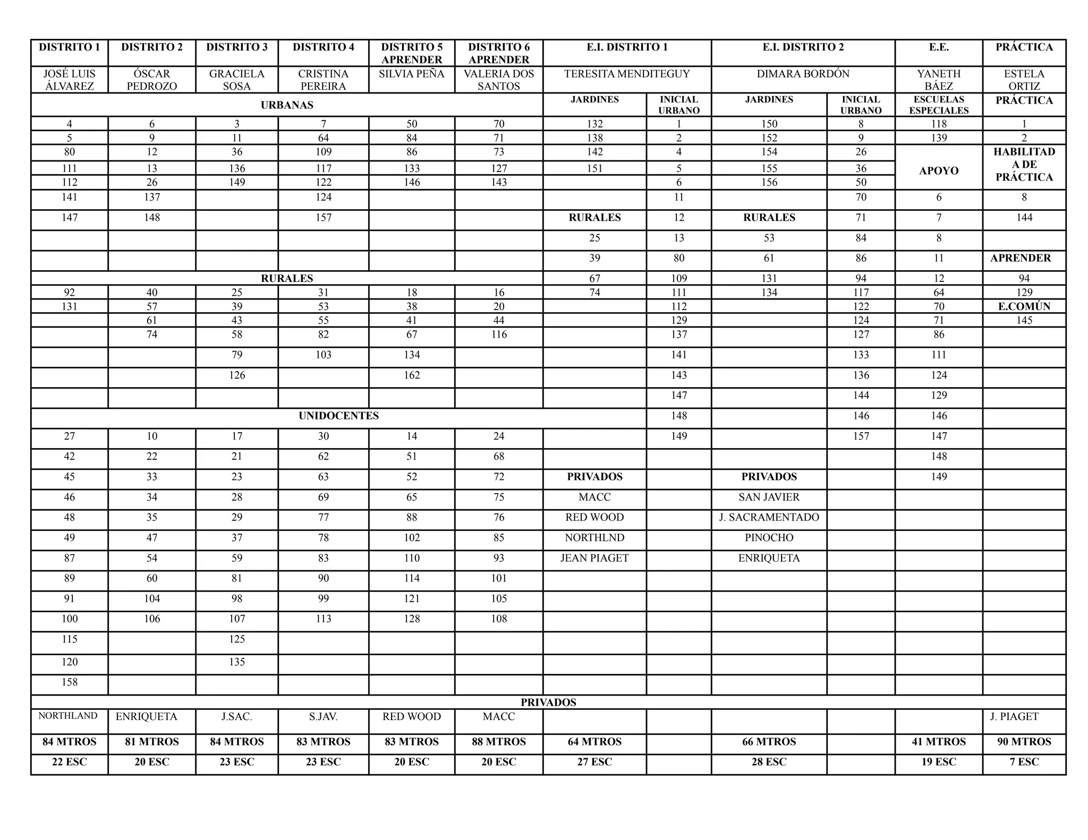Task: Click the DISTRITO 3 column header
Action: pyautogui.click(x=236, y=47)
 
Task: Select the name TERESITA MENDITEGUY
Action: pyautogui.click(x=627, y=74)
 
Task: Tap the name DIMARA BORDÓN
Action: pyautogui.click(x=803, y=74)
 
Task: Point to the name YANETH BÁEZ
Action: pyautogui.click(x=939, y=80)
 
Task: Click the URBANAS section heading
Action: pyautogui.click(x=287, y=105)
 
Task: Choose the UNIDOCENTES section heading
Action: pyautogui.click(x=338, y=416)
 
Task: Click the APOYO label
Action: pyautogui.click(x=939, y=171)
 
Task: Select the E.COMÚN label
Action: pyautogui.click(x=1024, y=306)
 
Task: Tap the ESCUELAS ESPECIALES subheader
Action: pyautogui.click(x=939, y=105)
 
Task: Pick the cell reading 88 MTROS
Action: pyautogui.click(x=498, y=742)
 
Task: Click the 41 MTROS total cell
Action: pyautogui.click(x=939, y=742)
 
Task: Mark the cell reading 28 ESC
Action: pyautogui.click(x=769, y=762)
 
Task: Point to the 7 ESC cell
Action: pyautogui.click(x=1024, y=762)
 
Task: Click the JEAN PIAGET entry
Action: pyautogui.click(x=594, y=558)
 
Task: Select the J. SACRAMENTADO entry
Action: pyautogui.click(x=769, y=517)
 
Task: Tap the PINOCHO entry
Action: pyautogui.click(x=769, y=537)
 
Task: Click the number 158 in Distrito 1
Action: pyautogui.click(x=70, y=682)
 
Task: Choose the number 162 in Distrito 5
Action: pyautogui.click(x=412, y=375)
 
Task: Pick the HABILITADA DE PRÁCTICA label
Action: pyautogui.click(x=1024, y=165)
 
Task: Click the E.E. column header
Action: pyautogui.click(x=939, y=47)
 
